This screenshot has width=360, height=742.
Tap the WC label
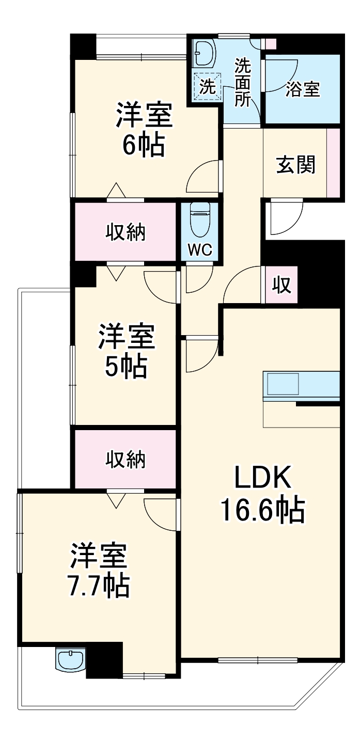pyautogui.click(x=199, y=250)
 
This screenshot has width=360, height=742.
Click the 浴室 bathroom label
pyautogui.click(x=303, y=89)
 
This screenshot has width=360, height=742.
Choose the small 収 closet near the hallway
pyautogui.click(x=282, y=285)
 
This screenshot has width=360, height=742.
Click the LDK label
pyautogui.click(x=263, y=478)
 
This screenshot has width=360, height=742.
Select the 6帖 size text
pyautogui.click(x=143, y=146)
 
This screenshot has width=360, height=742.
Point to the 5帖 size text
pyautogui.click(x=127, y=367)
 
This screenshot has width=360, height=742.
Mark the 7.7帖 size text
pyautogui.click(x=99, y=585)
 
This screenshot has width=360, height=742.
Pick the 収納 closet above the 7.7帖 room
pyautogui.click(x=126, y=459)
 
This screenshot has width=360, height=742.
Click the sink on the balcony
pyautogui.click(x=69, y=660)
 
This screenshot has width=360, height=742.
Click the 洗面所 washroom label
pyautogui.click(x=242, y=83)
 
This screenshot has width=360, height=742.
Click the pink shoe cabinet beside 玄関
pyautogui.click(x=334, y=163)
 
